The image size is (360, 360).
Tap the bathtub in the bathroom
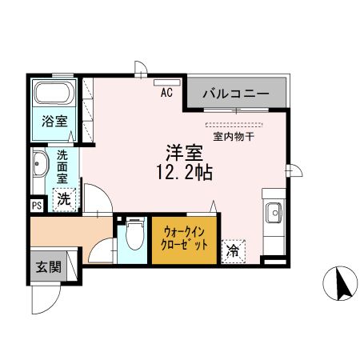pyautogui.click(x=54, y=94)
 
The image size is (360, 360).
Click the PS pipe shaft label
pyautogui.click(x=37, y=206)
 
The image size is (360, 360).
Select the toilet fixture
pyautogui.click(x=134, y=237)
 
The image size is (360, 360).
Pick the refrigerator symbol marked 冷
pyautogui.click(x=233, y=252)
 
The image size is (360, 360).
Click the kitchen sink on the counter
pyautogui.click(x=273, y=213)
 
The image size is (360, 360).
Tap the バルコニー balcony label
pyautogui.click(x=235, y=94)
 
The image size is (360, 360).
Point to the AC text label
pyautogui.click(x=167, y=92)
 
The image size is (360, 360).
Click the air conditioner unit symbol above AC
pyautogui.click(x=168, y=82)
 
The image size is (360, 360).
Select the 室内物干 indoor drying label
pyautogui.click(x=234, y=137)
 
